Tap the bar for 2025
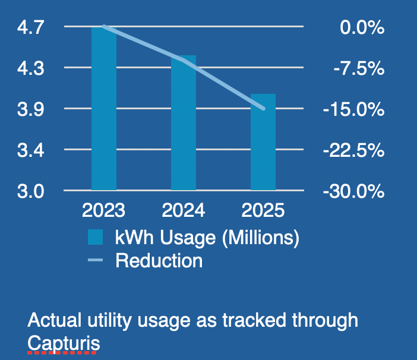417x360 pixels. (x=263, y=142)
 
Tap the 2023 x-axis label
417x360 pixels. (x=104, y=211)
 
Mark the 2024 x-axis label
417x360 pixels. (x=184, y=211)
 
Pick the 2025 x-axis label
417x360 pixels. (x=263, y=211)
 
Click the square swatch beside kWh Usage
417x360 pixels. (x=96, y=238)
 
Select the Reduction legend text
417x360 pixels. (x=159, y=260)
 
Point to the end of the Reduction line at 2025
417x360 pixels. (x=263, y=108)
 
